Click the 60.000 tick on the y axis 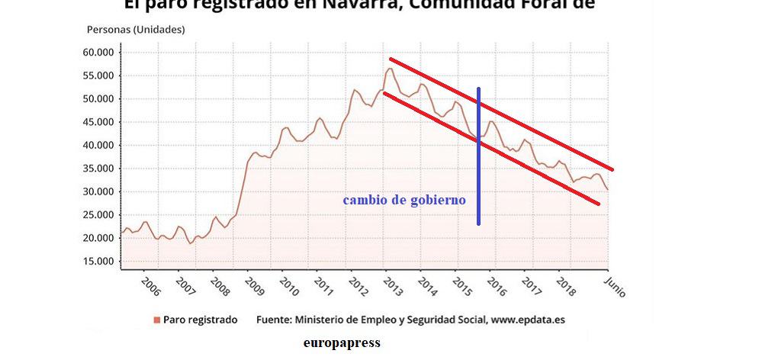[x=98, y=53]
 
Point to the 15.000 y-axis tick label [x=98, y=262]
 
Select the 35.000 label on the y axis [x=98, y=169]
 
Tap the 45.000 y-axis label [x=98, y=122]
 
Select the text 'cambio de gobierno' [x=404, y=201]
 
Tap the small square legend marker [x=156, y=320]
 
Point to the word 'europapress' [x=341, y=343]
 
